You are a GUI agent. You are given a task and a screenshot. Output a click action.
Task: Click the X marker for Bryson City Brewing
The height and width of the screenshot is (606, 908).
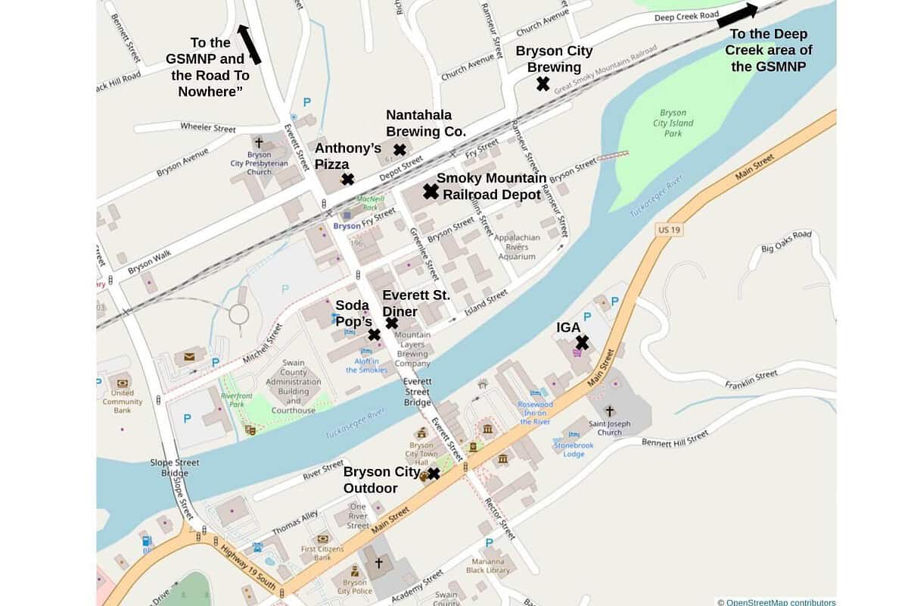543,84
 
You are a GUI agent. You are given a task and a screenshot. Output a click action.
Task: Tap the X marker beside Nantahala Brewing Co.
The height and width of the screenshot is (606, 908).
400,149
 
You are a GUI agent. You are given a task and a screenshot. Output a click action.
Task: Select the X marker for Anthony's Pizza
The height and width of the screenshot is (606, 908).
347,179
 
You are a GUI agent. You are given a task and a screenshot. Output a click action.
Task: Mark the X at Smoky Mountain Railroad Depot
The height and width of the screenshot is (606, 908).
431,192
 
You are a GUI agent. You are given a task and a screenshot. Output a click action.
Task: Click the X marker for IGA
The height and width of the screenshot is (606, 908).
582,342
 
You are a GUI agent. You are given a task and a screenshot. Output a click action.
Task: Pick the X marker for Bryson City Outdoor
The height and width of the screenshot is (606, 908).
434,473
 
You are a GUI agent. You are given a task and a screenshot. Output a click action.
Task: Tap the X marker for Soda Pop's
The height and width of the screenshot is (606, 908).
374,334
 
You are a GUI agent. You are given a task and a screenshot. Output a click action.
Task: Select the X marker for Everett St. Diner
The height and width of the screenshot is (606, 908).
391,323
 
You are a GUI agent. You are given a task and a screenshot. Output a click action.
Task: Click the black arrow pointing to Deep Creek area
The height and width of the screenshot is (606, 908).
737,16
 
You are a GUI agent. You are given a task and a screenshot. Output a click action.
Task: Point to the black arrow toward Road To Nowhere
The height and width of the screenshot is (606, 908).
250,44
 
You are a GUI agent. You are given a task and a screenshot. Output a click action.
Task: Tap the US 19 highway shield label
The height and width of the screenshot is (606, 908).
665,229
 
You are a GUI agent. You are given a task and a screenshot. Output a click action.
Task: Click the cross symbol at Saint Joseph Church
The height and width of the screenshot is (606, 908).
609,411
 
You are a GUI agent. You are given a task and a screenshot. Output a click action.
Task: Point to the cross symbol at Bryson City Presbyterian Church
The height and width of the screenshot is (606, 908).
258,142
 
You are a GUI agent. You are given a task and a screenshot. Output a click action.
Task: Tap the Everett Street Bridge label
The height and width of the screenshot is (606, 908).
417,392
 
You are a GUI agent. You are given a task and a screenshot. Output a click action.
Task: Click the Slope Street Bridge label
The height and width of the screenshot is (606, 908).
175,467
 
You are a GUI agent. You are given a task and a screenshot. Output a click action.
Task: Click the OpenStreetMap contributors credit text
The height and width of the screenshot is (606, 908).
776,601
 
